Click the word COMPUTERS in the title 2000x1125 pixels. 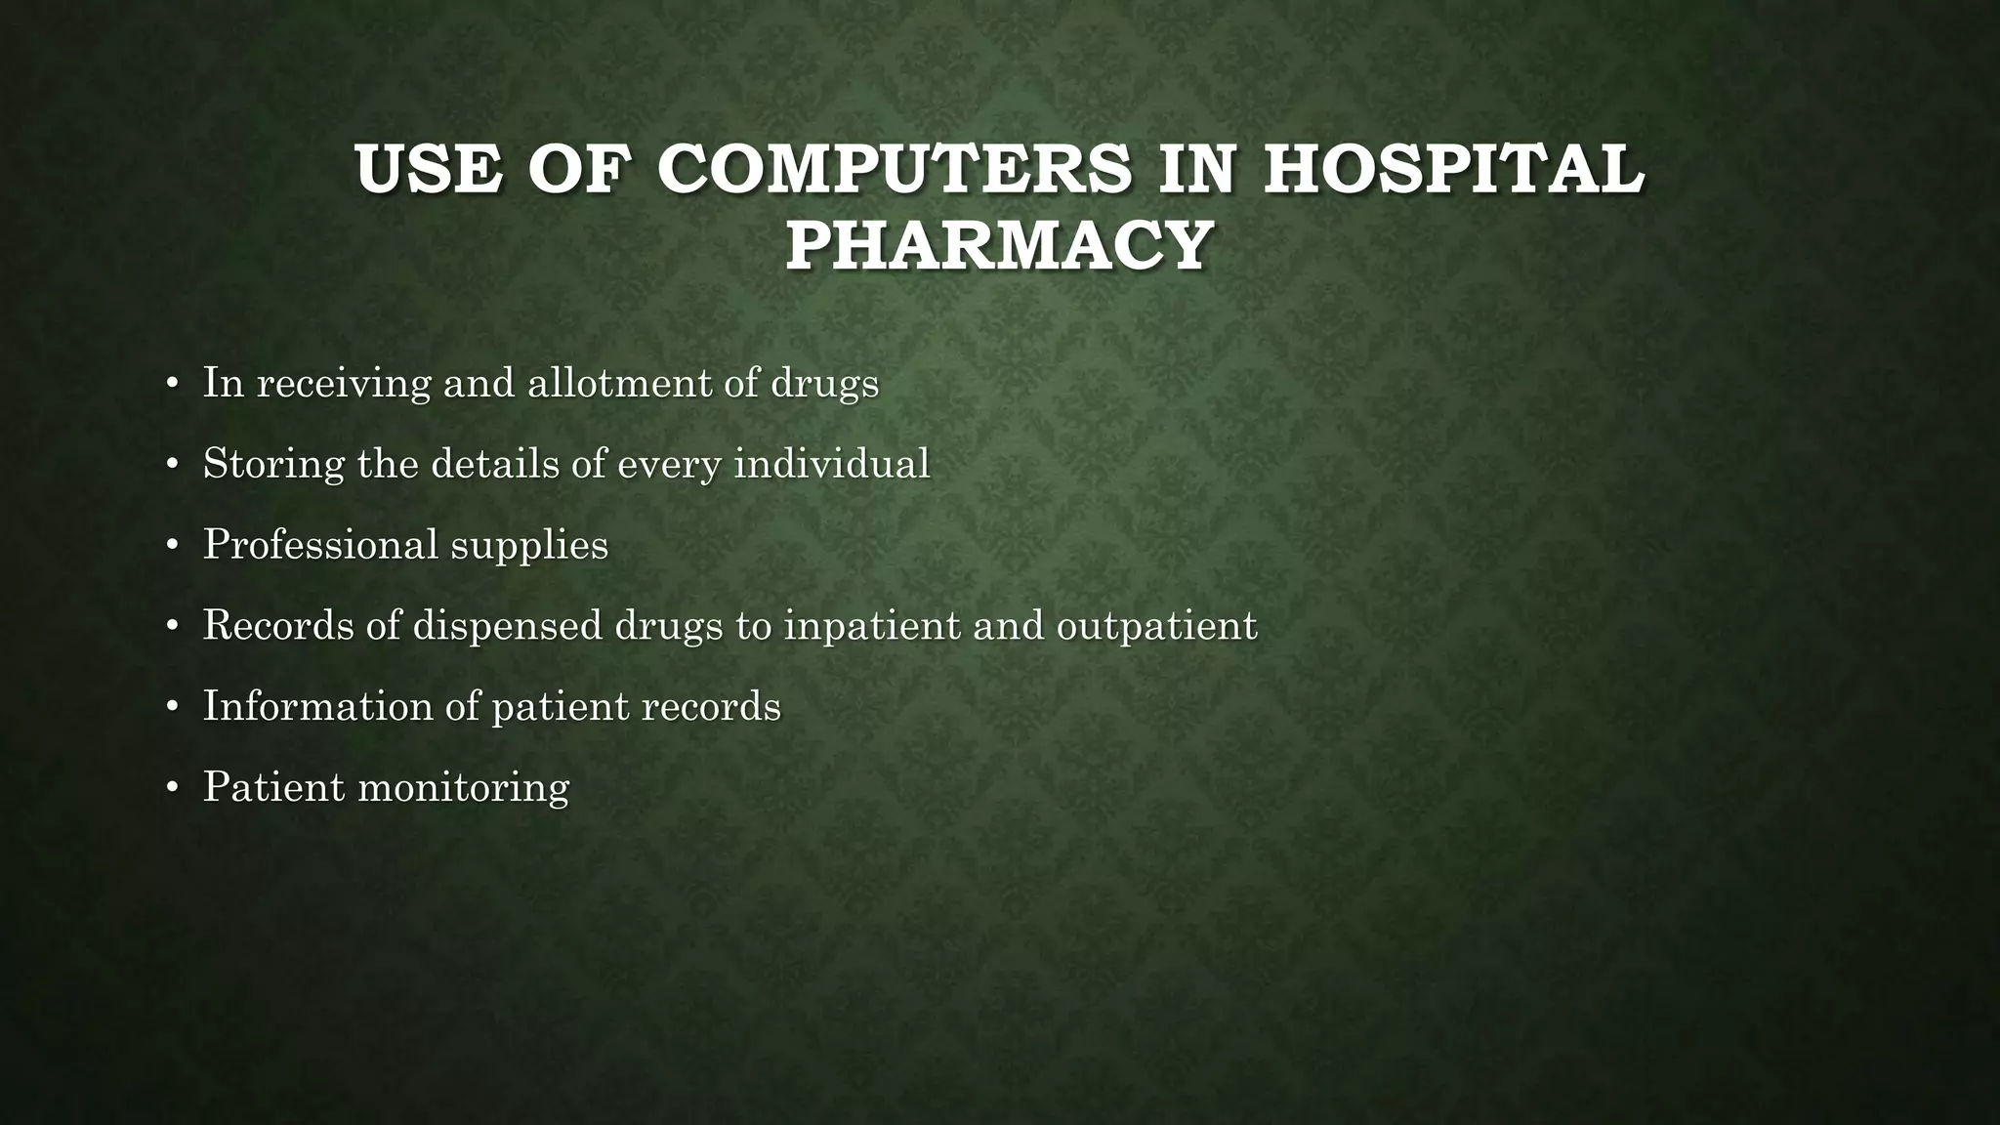click(896, 169)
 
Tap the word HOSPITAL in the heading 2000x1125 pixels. click(1454, 169)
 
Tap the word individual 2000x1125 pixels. click(831, 464)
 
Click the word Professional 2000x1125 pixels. click(320, 545)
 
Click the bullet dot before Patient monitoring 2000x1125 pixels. click(172, 787)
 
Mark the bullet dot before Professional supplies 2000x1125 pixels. click(172, 545)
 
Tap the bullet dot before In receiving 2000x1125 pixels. click(172, 383)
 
